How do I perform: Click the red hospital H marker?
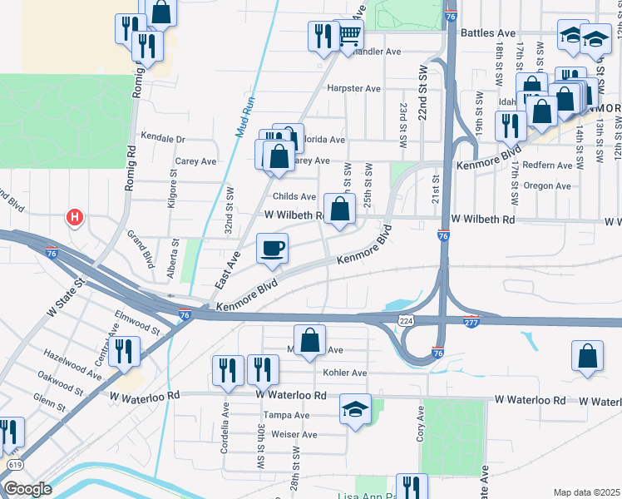[x=75, y=219]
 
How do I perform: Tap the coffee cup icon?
[x=272, y=248]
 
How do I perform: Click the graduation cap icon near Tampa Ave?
[x=355, y=409]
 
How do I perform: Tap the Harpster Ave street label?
[x=353, y=88]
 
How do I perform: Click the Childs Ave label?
[x=294, y=197]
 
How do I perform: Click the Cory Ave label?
[x=421, y=420]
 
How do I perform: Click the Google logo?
[x=27, y=488]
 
